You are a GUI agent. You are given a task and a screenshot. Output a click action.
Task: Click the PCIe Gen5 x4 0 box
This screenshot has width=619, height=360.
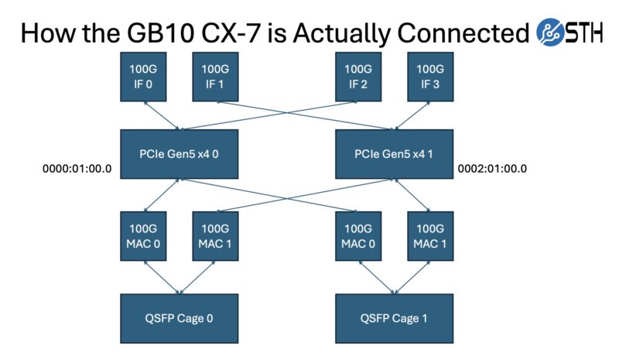pos(179,153)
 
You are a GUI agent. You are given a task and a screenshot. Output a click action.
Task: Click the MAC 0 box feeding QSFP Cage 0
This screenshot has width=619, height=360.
pos(143,235)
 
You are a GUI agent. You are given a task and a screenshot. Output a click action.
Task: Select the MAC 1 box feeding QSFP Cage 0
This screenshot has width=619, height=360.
pos(214,235)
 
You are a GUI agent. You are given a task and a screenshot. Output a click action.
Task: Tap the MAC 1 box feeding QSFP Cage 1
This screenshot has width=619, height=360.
pos(429,235)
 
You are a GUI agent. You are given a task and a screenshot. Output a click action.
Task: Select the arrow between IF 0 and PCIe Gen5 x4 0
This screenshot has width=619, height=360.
pos(161,115)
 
